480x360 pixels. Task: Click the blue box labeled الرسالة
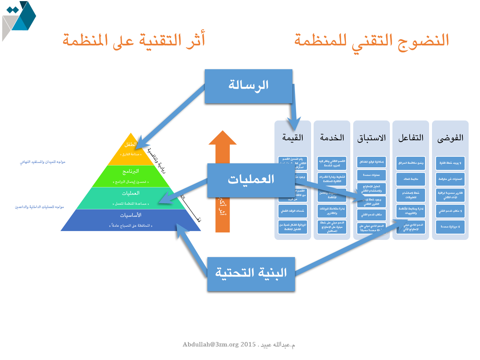[248, 86]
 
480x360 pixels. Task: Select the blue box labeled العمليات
[251, 180]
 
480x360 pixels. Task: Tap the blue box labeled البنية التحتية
[251, 274]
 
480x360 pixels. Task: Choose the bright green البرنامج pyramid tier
[131, 176]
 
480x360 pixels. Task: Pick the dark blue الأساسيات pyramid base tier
[131, 220]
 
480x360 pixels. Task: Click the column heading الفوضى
[450, 138]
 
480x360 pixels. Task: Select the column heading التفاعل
[411, 138]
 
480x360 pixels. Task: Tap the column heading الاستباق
[371, 138]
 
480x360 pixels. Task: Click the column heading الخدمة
[332, 138]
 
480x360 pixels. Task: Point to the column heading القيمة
[293, 138]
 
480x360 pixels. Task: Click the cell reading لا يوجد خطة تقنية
[450, 163]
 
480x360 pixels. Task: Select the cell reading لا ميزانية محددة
[450, 227]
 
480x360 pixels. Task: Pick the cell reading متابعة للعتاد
[411, 179]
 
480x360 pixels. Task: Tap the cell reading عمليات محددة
[371, 175]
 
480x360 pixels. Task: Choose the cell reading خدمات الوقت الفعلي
[293, 211]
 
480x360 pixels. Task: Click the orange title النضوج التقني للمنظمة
[372, 40]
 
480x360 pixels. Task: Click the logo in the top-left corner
[19, 20]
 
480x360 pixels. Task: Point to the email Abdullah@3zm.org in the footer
[210, 345]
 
